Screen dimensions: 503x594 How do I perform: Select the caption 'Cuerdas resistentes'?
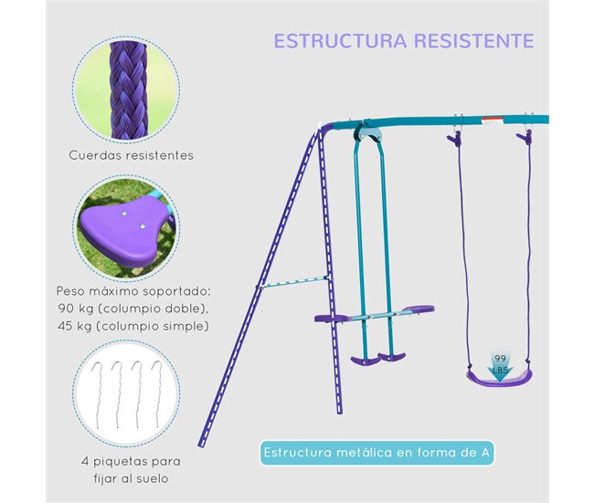coord(132,155)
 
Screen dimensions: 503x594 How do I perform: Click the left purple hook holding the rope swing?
coord(453,138)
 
